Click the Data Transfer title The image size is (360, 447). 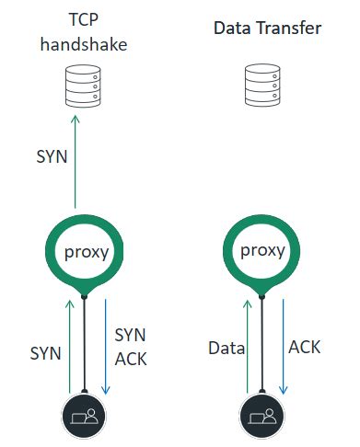click(267, 29)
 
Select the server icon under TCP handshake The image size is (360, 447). click(85, 88)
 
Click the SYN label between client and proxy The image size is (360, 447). click(46, 353)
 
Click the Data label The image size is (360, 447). click(226, 348)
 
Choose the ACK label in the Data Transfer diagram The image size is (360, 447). click(306, 347)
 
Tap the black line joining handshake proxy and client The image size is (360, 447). click(85, 345)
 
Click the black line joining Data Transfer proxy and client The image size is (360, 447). click(263, 345)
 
